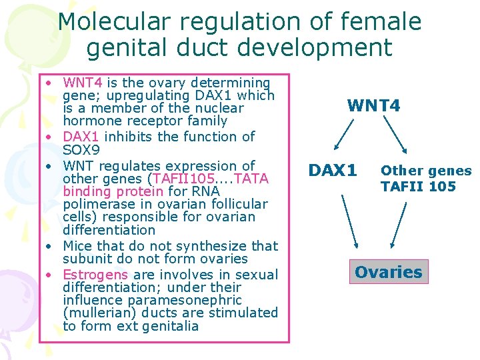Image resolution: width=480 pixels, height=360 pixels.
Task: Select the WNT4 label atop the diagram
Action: [373, 105]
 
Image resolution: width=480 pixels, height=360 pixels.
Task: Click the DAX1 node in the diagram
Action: [332, 170]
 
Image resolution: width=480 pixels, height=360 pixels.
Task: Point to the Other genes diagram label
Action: [426, 171]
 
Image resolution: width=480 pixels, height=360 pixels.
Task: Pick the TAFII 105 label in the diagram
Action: [418, 186]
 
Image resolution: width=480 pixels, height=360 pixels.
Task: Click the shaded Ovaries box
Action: [389, 272]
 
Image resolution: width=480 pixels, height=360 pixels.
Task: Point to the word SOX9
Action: [81, 151]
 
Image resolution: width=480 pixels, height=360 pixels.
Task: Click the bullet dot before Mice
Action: [50, 246]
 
